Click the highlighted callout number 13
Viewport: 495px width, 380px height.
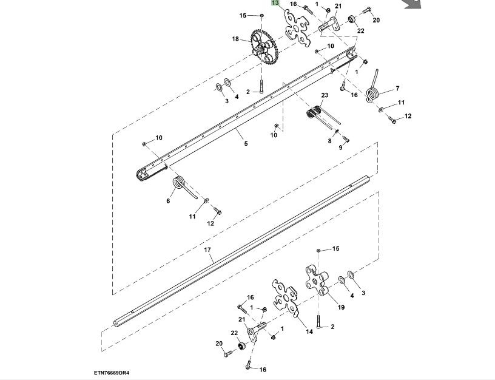(x=275, y=4)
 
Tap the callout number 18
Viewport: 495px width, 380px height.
(x=235, y=39)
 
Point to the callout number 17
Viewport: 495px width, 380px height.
(x=207, y=249)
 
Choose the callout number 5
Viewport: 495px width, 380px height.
(x=246, y=144)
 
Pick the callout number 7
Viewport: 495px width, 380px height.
(x=397, y=88)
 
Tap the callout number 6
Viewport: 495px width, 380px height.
(x=169, y=201)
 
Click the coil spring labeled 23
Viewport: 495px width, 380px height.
(x=315, y=113)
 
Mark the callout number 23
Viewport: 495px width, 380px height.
(x=325, y=96)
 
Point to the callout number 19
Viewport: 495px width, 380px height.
(x=341, y=307)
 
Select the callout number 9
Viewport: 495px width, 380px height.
(x=340, y=148)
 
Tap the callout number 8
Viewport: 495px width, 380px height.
(x=330, y=141)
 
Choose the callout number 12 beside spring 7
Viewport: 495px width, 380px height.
(x=408, y=116)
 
